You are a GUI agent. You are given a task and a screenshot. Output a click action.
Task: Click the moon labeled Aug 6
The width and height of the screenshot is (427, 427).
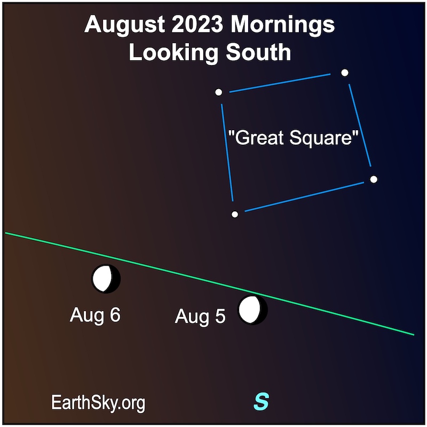tap(106, 279)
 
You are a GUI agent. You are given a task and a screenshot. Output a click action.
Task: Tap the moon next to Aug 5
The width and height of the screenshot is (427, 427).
tap(252, 310)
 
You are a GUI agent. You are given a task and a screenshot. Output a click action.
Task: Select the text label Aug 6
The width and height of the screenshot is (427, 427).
tap(95, 315)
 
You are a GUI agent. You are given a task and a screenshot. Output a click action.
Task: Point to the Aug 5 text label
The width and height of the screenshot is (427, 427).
tap(200, 317)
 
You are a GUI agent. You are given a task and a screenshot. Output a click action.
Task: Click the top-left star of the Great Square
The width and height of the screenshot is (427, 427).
tap(218, 92)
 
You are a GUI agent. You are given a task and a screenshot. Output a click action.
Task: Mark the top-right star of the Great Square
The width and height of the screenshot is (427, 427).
tap(345, 73)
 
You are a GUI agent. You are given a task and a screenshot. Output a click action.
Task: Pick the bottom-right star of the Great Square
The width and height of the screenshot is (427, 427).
tap(374, 179)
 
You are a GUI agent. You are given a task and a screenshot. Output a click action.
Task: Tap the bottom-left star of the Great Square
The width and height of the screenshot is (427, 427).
tap(235, 215)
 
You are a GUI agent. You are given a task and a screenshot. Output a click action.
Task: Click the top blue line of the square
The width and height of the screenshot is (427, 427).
tap(280, 83)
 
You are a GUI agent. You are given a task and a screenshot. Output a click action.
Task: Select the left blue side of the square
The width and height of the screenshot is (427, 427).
tap(227, 153)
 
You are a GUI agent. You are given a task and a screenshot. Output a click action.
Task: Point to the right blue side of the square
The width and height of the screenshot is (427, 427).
tap(360, 125)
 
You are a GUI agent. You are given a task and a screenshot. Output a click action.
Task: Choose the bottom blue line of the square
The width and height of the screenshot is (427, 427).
tap(304, 196)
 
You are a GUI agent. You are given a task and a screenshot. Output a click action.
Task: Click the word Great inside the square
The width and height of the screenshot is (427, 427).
tap(259, 138)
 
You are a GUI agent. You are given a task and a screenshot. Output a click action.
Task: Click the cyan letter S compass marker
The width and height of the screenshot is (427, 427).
tap(261, 401)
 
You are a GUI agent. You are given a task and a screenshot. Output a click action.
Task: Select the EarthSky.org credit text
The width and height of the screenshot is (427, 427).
tap(98, 403)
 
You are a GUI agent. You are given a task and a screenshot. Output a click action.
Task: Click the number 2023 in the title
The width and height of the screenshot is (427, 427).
tap(197, 25)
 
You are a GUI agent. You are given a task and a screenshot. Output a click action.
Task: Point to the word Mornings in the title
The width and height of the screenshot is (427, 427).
tap(283, 26)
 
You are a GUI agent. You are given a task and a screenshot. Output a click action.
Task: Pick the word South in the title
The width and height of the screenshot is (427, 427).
tap(258, 52)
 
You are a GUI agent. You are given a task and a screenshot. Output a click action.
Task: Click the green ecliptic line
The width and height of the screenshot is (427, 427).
tap(209, 283)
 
